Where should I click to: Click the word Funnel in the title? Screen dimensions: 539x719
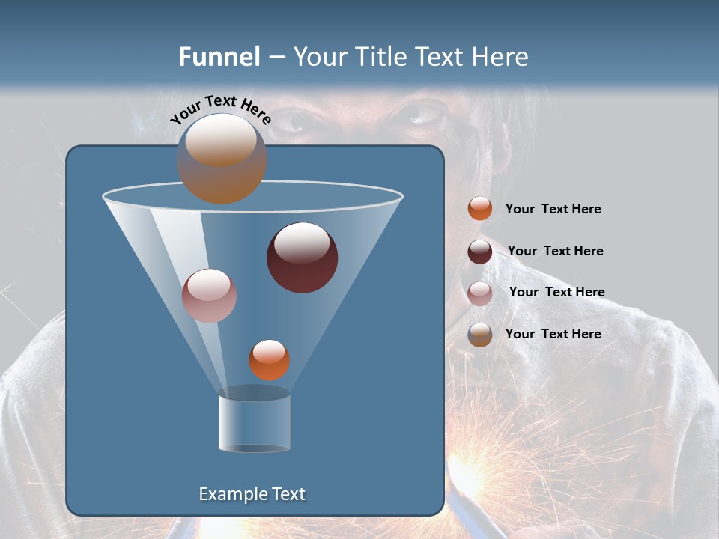tap(219, 57)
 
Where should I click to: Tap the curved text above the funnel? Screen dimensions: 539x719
tap(221, 109)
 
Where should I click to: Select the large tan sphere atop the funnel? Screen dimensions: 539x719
tap(221, 159)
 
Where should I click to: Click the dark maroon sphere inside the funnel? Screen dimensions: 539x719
tap(302, 258)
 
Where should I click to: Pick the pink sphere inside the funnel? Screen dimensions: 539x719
tap(209, 296)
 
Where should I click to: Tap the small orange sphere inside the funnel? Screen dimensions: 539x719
tap(269, 359)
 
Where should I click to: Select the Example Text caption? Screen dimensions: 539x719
tap(252, 494)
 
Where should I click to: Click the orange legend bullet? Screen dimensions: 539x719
tap(480, 209)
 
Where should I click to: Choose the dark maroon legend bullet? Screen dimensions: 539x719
tap(480, 252)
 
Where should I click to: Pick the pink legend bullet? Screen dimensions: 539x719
tap(480, 293)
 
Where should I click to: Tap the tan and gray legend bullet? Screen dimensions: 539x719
tap(480, 334)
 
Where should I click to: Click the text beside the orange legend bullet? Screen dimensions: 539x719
tap(553, 210)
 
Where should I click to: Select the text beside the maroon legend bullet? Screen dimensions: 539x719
tap(555, 252)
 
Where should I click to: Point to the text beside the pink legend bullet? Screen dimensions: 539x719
tap(556, 293)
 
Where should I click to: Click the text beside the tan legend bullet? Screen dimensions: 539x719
tap(553, 334)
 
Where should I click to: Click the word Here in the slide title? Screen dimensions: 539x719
tap(500, 57)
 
